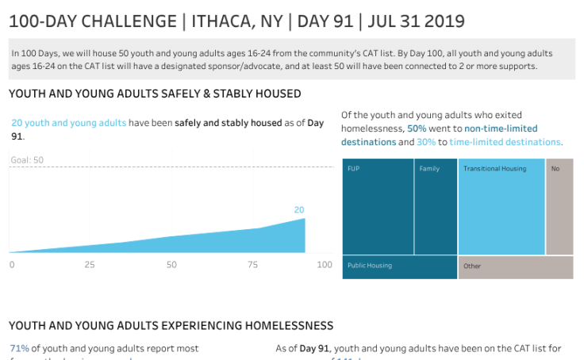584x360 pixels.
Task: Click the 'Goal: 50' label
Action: [x=27, y=160]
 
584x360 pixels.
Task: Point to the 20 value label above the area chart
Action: [x=299, y=210]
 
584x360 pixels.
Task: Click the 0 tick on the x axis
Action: [x=12, y=264]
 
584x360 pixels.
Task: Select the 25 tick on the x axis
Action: [x=90, y=264]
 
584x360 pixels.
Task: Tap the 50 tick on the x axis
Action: [x=171, y=264]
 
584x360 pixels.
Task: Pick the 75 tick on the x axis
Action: [x=252, y=264]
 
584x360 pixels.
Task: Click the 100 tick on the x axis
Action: [x=325, y=264]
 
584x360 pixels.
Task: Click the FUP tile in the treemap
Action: [x=378, y=206]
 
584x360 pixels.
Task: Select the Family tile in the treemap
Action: [x=436, y=206]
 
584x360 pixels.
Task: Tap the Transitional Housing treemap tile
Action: [x=501, y=206]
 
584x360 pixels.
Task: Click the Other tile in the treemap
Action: [x=516, y=266]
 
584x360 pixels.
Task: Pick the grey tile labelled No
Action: [x=559, y=206]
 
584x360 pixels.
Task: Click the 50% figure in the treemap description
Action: [x=417, y=128]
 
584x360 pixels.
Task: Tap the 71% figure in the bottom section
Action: [x=19, y=348]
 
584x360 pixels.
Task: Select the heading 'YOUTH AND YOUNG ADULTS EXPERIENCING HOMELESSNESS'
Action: [x=171, y=326]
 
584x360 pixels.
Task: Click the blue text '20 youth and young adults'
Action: [x=68, y=123]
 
